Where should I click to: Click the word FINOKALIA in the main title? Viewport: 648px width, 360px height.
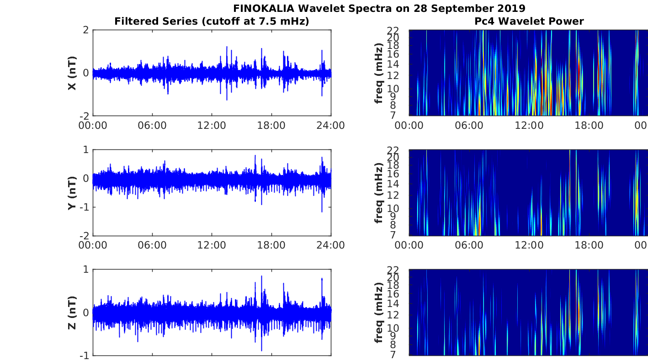coord(264,8)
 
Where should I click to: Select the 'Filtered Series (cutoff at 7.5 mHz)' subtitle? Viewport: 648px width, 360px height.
coord(212,21)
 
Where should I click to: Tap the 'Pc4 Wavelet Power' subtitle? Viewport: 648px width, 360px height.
coord(529,21)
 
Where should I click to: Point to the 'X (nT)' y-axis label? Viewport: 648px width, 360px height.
coord(72,73)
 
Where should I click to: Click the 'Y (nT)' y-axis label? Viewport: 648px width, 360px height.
coord(72,193)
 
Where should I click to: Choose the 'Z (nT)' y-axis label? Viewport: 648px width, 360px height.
coord(72,312)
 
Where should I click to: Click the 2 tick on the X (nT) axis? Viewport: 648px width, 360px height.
coord(85,30)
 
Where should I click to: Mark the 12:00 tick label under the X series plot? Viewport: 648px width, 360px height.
coord(212,126)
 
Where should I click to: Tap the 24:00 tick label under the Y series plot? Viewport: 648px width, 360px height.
coord(330,245)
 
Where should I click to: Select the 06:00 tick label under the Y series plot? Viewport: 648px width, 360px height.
coord(152,245)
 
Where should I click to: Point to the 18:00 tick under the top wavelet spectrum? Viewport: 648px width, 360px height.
coord(589,126)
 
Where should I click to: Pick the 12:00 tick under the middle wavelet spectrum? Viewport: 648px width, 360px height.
coord(529,245)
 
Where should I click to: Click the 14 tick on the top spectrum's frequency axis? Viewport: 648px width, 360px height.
coord(393,64)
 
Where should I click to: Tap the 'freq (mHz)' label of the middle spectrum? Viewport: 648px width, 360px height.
coord(378,193)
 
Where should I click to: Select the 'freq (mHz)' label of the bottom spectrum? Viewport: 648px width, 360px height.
coord(378,312)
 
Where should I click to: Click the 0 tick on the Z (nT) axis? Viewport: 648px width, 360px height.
coord(85,312)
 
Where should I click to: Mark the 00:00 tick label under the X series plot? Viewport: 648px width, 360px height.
coord(93,126)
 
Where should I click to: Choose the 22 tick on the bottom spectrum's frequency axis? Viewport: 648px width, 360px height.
coord(393,270)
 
